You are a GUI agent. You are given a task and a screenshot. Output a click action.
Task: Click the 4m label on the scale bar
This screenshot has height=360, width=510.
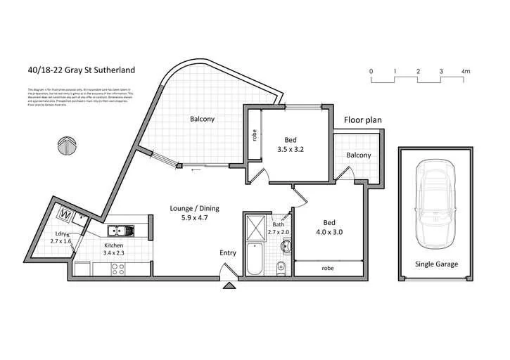tap(465, 72)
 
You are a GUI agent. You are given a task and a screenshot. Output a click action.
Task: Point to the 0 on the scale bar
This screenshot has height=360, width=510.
tap(371, 72)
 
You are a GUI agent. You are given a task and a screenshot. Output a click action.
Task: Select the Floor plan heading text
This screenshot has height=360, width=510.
tap(362, 120)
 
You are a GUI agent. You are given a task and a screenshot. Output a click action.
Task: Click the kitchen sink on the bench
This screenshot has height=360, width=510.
tap(117, 230)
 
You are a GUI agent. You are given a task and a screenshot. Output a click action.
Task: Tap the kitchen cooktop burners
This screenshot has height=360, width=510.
tap(117, 268)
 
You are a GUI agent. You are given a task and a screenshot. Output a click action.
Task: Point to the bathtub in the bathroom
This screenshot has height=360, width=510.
tap(253, 262)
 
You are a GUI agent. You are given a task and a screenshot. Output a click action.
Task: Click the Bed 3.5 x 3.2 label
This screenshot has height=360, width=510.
tap(284, 144)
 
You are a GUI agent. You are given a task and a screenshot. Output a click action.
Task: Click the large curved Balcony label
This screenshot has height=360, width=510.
tap(202, 119)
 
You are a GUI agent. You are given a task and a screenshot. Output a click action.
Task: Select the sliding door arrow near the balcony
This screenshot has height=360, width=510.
tap(193, 169)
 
